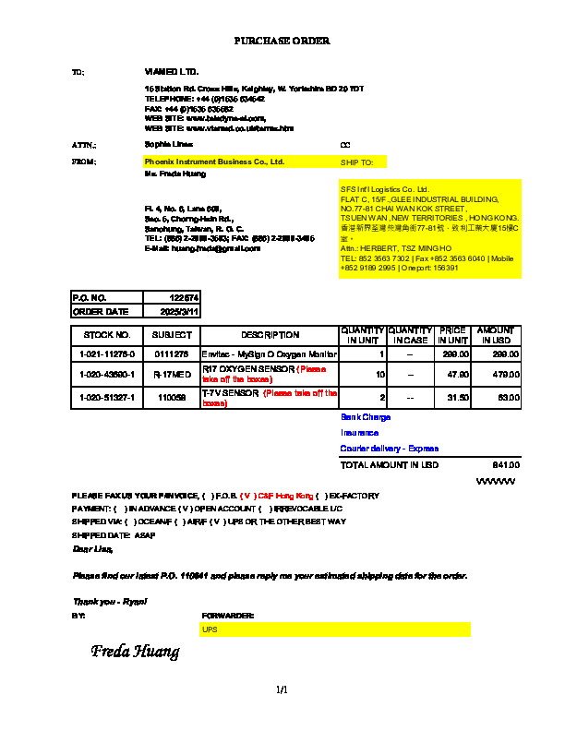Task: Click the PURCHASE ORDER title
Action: [282, 41]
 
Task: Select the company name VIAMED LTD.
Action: [172, 71]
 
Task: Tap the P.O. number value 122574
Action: [185, 297]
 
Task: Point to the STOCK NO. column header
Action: [107, 335]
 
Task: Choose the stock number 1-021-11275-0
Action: [107, 354]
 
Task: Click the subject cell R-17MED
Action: [171, 375]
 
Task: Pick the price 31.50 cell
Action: [452, 398]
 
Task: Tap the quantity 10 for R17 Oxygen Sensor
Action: [379, 375]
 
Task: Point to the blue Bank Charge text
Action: [366, 417]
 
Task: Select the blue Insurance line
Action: [359, 432]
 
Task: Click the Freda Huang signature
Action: [135, 653]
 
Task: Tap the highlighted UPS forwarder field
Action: [335, 629]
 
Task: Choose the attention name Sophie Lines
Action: [169, 145]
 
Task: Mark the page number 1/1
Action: [282, 689]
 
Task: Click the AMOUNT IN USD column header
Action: [496, 335]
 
